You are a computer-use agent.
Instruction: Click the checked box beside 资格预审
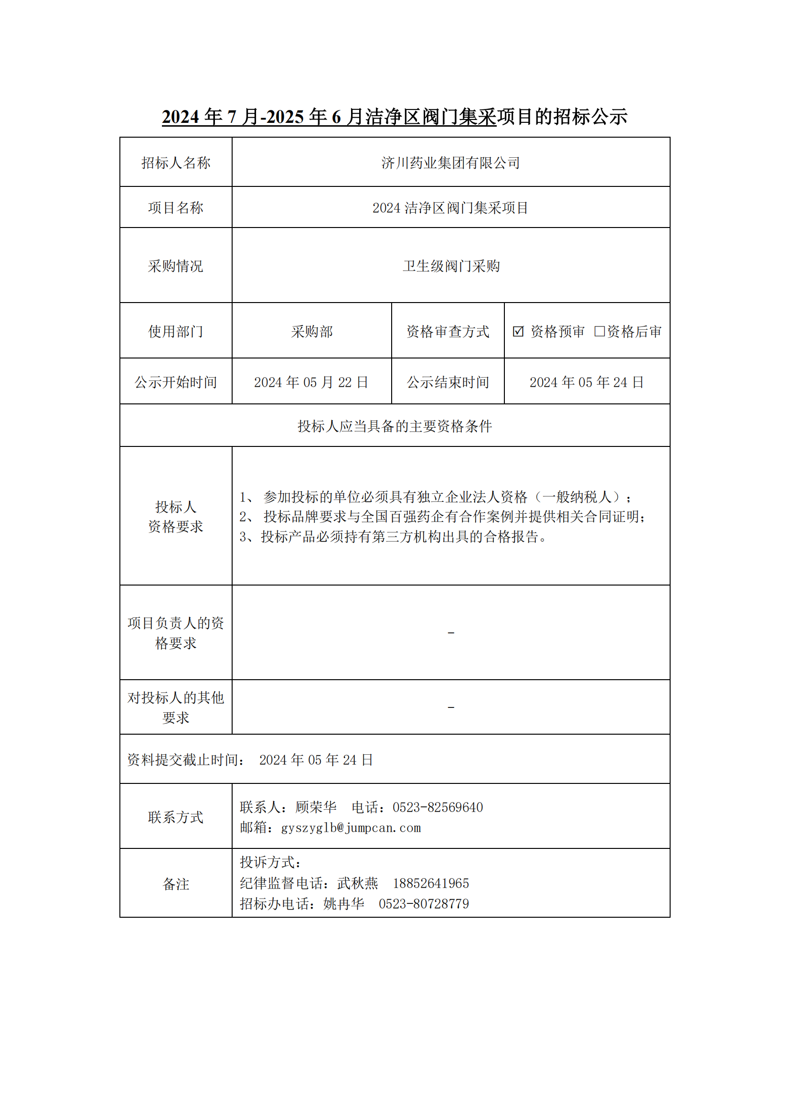pos(518,332)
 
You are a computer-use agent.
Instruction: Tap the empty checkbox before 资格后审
pos(599,332)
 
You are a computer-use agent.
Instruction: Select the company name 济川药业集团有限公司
pos(450,163)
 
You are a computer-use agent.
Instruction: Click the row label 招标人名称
pos(176,163)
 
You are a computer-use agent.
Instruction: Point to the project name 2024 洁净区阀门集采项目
pos(450,208)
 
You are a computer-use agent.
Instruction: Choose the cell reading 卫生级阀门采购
pos(451,266)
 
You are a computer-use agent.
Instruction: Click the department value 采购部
pos(312,332)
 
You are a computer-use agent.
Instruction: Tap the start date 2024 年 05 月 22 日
pos(311,383)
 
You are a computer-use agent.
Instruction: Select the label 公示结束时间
pos(448,383)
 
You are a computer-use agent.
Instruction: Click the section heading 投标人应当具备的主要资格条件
pos(395,426)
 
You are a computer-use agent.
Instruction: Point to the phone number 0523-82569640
pos(438,807)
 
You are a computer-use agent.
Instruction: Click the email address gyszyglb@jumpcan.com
pos(351,828)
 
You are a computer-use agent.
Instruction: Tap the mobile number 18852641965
pos(431,883)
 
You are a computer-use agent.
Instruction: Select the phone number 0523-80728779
pos(424,904)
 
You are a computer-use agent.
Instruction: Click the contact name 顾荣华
pos(316,807)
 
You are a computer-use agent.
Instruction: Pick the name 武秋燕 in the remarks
pos(358,883)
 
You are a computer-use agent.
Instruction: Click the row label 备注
pos(176,884)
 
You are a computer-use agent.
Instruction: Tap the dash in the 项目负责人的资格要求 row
pos(451,633)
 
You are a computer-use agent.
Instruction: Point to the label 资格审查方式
pos(448,332)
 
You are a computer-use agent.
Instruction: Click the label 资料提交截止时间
pos(185,760)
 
